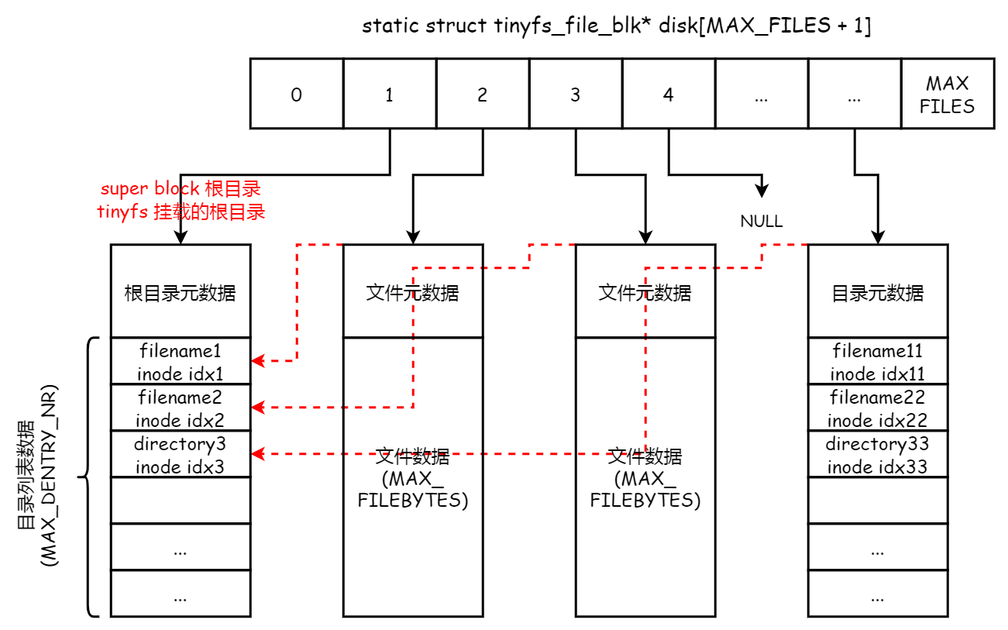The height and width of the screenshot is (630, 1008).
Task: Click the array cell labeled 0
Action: (x=296, y=94)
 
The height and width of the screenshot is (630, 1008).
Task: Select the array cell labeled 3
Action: (x=575, y=94)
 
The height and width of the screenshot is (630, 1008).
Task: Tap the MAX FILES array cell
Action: (x=947, y=94)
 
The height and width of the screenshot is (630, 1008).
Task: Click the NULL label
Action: (x=761, y=222)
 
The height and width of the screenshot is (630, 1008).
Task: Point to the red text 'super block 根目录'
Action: (x=181, y=189)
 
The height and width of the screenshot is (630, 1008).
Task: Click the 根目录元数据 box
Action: (x=181, y=292)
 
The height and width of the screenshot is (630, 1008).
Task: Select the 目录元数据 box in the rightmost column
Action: (x=877, y=292)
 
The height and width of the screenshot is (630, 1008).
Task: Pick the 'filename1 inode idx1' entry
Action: (x=181, y=361)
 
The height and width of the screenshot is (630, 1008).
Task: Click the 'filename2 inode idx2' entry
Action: (x=181, y=408)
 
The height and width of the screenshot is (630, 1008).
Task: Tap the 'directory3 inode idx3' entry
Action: (x=181, y=455)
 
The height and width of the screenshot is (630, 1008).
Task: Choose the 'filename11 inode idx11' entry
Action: (x=877, y=361)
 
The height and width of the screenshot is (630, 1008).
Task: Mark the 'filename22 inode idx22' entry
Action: (x=877, y=408)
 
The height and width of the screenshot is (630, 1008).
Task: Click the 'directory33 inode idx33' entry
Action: (x=877, y=455)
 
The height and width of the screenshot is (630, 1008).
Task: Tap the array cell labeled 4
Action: (x=668, y=94)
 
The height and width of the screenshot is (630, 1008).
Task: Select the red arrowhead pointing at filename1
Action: (x=257, y=361)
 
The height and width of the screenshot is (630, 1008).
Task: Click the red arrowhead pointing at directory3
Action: (x=257, y=454)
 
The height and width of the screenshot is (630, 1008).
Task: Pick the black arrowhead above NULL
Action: (x=762, y=191)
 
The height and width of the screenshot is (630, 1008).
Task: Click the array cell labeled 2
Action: (x=482, y=94)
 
